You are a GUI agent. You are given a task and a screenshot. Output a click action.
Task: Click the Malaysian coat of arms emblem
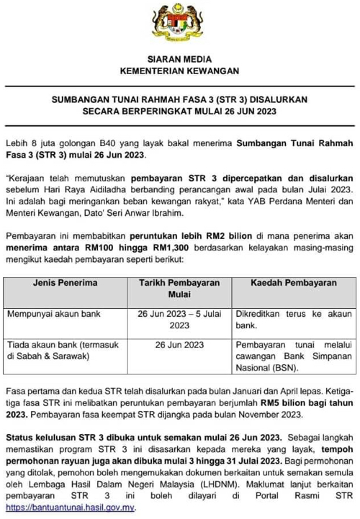click(179, 26)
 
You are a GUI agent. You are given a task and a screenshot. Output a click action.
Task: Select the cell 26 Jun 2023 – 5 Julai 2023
click(179, 320)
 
